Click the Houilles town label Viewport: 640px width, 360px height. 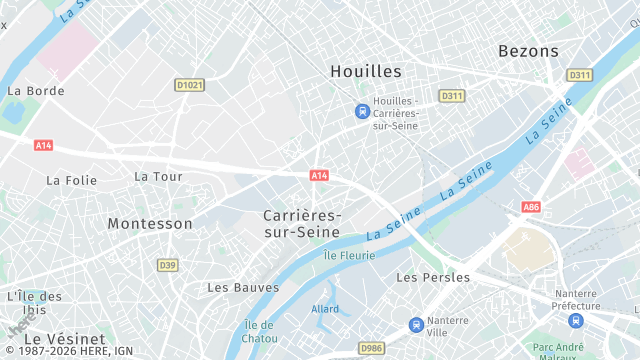click(x=365, y=71)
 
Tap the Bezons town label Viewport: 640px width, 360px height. click(x=527, y=50)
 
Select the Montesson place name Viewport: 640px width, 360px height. click(x=150, y=223)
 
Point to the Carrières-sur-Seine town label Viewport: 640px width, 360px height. click(x=302, y=223)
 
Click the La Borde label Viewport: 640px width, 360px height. click(x=35, y=90)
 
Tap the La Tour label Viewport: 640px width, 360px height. click(x=158, y=176)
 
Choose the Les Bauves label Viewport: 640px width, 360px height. click(x=243, y=287)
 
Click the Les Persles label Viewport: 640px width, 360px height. click(x=433, y=277)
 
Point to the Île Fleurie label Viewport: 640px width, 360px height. click(x=349, y=255)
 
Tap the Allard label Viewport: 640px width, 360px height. click(x=325, y=309)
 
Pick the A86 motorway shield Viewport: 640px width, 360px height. click(x=530, y=207)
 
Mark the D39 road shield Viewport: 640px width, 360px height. click(x=167, y=265)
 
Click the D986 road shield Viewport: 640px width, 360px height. click(x=372, y=347)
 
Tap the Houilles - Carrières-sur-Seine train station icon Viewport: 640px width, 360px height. click(x=362, y=111)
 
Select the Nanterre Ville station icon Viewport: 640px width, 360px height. click(x=416, y=324)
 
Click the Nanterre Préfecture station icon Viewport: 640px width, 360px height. click(x=575, y=321)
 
